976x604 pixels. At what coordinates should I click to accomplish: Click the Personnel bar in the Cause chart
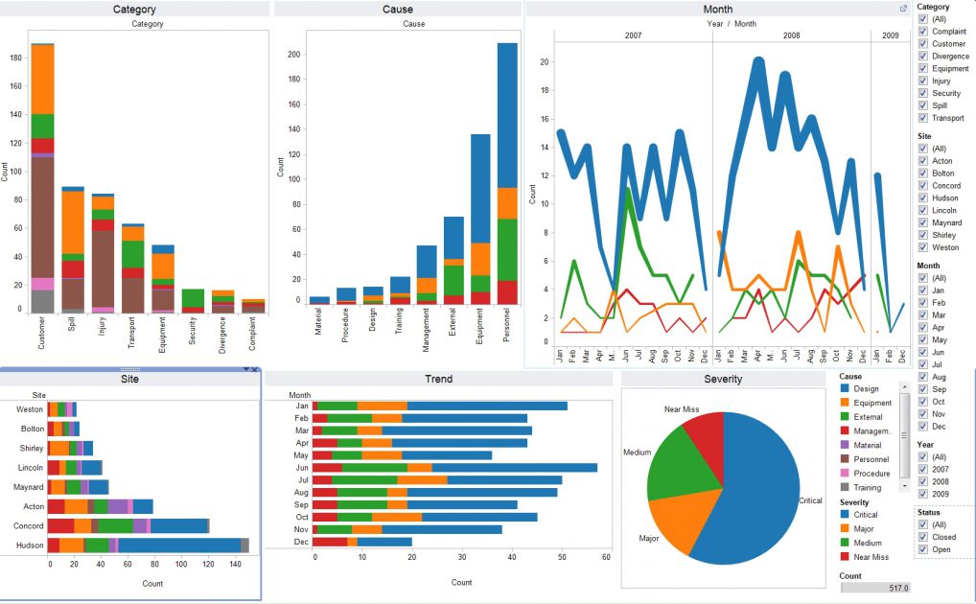[x=507, y=173]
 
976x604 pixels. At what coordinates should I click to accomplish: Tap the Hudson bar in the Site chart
[x=144, y=545]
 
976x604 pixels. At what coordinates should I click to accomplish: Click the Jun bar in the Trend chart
[x=451, y=468]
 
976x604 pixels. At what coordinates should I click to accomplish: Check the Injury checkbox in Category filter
[x=922, y=81]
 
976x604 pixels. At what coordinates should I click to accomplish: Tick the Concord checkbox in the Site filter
[x=922, y=186]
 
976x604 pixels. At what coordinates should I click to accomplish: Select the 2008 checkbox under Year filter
[x=922, y=482]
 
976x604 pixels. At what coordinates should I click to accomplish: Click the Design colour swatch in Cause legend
[x=845, y=388]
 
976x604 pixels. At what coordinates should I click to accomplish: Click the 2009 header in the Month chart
[x=890, y=35]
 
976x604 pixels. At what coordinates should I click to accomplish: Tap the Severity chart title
[x=724, y=379]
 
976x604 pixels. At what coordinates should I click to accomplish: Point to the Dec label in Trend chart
[x=302, y=542]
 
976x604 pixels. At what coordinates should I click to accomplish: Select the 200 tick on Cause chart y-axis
[x=293, y=55]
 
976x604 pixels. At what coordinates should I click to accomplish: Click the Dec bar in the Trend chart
[x=364, y=542]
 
